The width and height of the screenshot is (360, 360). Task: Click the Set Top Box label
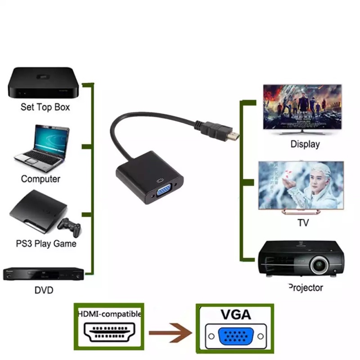click(x=45, y=108)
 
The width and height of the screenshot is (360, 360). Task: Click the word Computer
click(x=40, y=179)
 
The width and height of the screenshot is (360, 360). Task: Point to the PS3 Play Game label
click(x=46, y=244)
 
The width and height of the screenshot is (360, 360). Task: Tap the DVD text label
click(x=44, y=290)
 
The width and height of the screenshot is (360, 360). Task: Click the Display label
click(x=305, y=144)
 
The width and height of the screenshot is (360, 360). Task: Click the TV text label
click(x=303, y=223)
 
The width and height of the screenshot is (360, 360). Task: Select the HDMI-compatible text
click(x=109, y=314)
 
